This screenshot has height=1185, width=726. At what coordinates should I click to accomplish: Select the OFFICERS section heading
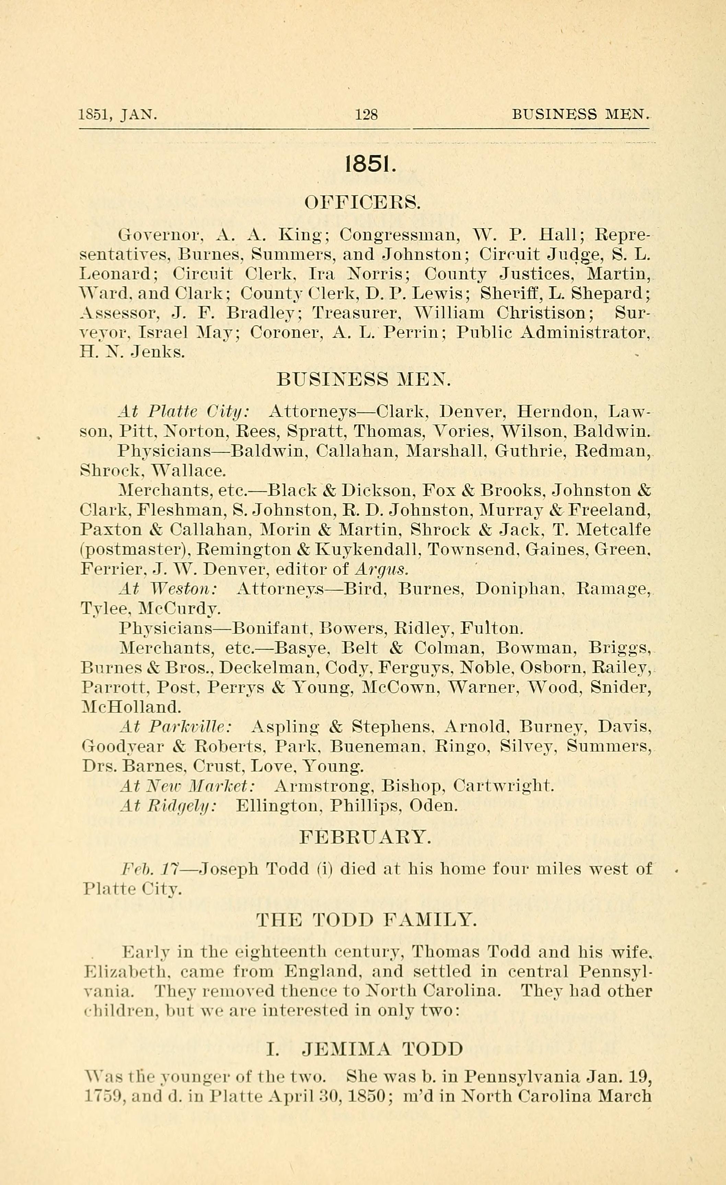(x=363, y=203)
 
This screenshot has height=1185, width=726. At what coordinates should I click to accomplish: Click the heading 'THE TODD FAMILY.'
(x=366, y=920)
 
